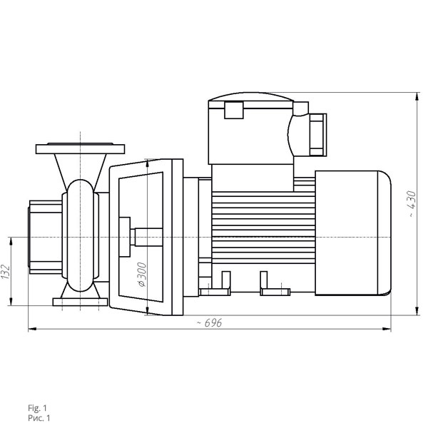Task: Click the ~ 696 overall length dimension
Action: (209, 323)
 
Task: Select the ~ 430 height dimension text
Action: (412, 204)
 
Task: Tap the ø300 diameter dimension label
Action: (142, 275)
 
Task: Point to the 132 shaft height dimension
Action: (6, 272)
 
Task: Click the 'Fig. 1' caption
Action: (37, 408)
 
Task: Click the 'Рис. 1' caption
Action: (39, 418)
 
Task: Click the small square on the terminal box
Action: (234, 110)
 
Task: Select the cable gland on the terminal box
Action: (318, 135)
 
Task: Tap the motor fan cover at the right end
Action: (353, 233)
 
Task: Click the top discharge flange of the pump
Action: (80, 148)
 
